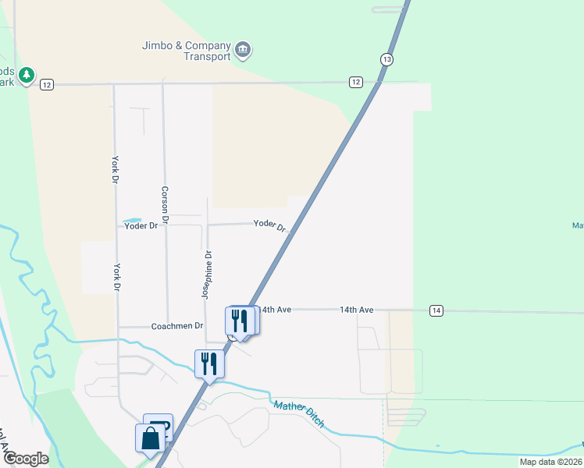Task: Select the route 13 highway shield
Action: coord(387,59)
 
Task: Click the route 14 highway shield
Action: coord(436,310)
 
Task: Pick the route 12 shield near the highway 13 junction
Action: coord(356,82)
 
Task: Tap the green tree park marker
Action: coord(27,75)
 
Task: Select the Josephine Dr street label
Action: coord(207,275)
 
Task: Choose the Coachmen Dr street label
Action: coord(177,326)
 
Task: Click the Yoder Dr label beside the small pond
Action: coord(141,225)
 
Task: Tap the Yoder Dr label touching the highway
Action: coord(270,225)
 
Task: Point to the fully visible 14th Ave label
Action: coord(356,310)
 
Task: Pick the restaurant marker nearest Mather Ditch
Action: coord(208,363)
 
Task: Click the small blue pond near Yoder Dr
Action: coord(131,220)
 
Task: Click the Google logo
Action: coord(25,459)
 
